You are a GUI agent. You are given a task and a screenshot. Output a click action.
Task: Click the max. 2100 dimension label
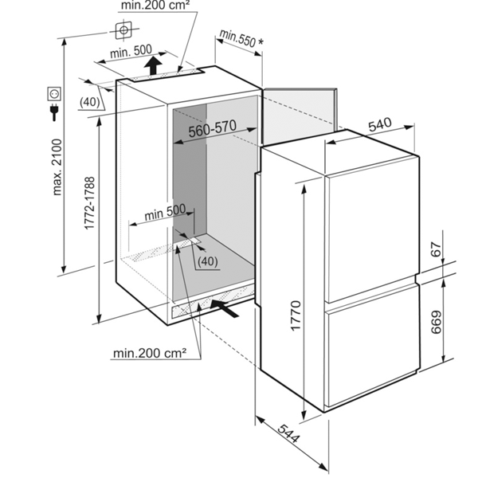click(x=57, y=167)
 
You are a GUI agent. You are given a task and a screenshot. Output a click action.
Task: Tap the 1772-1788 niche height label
click(x=89, y=203)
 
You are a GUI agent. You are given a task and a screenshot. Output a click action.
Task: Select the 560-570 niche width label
click(x=213, y=128)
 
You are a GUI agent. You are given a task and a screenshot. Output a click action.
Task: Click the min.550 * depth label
click(x=241, y=39)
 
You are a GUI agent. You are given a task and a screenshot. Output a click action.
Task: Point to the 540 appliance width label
click(x=380, y=124)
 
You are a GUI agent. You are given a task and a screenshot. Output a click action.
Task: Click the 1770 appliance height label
click(x=296, y=315)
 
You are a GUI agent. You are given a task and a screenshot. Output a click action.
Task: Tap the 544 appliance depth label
click(x=288, y=433)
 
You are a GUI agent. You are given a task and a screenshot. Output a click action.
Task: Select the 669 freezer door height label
click(x=436, y=322)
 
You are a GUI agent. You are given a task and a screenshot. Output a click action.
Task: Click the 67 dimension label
click(x=437, y=249)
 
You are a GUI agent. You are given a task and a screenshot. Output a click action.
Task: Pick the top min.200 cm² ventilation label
click(x=155, y=6)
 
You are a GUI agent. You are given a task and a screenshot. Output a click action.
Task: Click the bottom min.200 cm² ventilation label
click(x=150, y=353)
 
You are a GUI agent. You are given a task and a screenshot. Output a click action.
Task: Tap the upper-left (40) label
click(x=89, y=102)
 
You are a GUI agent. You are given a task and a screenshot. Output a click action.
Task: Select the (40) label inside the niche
click(x=208, y=261)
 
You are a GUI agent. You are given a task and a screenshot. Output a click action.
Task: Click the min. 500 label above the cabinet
click(x=131, y=51)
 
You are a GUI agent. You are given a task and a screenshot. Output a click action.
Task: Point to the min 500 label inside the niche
click(x=165, y=212)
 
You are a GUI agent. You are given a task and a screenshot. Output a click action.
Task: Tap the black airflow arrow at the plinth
click(x=225, y=308)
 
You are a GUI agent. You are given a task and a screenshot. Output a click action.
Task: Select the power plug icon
click(x=54, y=112)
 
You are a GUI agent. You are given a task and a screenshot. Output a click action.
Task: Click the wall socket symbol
click(x=54, y=94)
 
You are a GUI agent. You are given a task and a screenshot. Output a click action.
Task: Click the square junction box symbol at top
click(x=123, y=30)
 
